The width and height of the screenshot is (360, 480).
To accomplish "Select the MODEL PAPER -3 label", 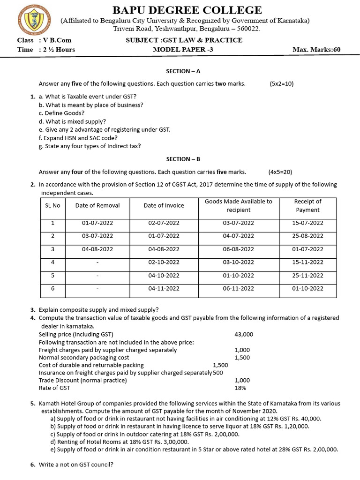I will point(183,50).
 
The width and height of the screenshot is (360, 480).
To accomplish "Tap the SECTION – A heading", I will point(183,71).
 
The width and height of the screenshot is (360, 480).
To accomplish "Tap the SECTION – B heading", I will point(183,159).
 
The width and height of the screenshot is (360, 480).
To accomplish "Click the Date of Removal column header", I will point(97,205).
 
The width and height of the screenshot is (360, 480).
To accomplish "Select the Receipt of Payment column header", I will point(307,206).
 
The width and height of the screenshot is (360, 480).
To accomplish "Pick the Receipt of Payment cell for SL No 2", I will point(307,236).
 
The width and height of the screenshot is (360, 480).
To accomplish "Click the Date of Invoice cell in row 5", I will point(164,275).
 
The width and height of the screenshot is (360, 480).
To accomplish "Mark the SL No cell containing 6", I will point(52,288).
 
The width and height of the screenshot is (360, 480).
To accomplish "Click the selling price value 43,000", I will point(244,334).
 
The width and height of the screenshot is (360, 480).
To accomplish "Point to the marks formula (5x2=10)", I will point(281,84).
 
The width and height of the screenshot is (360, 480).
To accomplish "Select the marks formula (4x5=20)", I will point(280,172).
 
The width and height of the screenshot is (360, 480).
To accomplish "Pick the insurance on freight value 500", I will point(218,373).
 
